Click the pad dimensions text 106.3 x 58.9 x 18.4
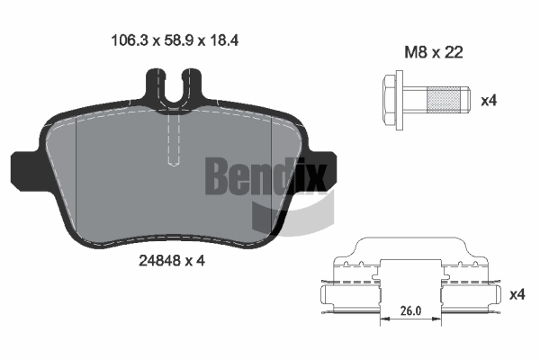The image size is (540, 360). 175,40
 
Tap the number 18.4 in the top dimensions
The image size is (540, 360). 224,40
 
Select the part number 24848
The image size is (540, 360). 160,261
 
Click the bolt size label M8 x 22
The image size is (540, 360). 433,52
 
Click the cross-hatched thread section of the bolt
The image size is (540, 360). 443,100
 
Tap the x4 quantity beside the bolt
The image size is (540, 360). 489,101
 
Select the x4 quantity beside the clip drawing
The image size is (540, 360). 517,294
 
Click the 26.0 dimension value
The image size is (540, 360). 410,310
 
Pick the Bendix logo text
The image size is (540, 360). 265,177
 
